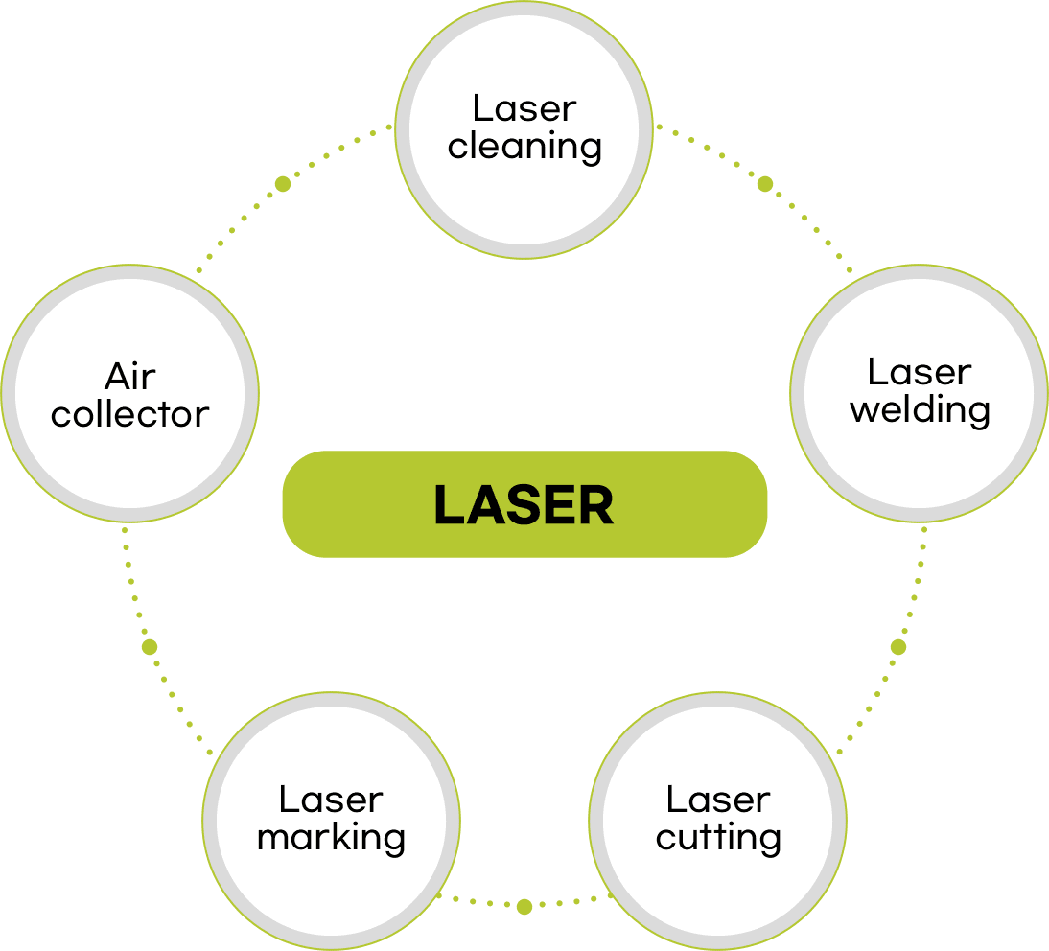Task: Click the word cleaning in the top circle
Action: coord(524,148)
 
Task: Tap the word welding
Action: coord(920,411)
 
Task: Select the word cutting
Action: coord(718,838)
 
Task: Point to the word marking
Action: coord(331,838)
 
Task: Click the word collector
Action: coord(129,415)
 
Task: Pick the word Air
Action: coord(130,376)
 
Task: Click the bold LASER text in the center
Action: coord(524,505)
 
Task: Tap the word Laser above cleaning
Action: coord(524,108)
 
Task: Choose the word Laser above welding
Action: coord(920,372)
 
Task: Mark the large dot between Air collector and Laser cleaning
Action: coord(283,183)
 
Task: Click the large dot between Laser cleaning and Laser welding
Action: coord(765,183)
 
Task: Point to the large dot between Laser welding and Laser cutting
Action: coord(898,647)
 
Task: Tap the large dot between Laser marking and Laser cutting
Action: coord(524,907)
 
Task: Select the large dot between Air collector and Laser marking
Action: coord(150,647)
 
